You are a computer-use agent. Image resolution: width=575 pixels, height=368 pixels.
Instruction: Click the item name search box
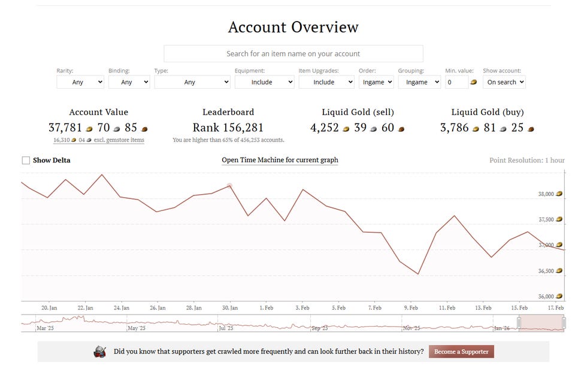(293, 53)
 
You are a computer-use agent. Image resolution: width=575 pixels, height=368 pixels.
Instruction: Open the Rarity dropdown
(80, 82)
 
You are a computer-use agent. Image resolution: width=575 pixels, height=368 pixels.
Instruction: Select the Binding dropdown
(129, 82)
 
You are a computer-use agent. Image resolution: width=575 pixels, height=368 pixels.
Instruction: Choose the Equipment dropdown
(264, 82)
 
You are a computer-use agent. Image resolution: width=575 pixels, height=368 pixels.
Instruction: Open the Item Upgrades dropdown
(326, 82)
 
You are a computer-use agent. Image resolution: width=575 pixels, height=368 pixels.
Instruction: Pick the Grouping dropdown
(419, 82)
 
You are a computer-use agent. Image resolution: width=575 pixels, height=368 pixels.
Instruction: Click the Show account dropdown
(504, 82)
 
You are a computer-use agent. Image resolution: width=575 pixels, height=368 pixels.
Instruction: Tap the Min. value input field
(456, 82)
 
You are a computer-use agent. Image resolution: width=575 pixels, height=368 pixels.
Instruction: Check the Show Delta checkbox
(26, 160)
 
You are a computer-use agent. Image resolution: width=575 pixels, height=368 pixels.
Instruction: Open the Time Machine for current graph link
(280, 160)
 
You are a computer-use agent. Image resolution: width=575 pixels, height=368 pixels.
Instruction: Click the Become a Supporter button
(461, 352)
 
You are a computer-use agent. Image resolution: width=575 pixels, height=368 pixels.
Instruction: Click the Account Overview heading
(293, 27)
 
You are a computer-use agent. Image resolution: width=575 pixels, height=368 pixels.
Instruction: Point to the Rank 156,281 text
(228, 128)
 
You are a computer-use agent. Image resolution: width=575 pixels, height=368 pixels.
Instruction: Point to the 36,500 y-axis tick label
(546, 271)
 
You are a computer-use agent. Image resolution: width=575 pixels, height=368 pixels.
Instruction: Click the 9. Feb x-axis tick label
(410, 307)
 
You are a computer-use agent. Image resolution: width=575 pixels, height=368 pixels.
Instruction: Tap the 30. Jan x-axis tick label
(230, 307)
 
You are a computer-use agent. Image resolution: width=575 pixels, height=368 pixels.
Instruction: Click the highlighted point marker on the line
(229, 186)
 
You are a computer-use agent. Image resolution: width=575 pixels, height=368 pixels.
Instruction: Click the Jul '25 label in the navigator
(226, 328)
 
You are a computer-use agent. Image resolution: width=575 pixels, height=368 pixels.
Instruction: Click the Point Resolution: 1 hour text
(527, 161)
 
